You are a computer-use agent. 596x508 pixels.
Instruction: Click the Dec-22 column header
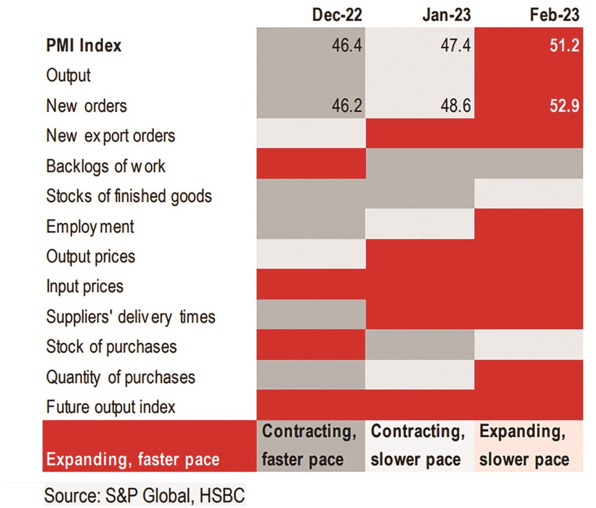337,15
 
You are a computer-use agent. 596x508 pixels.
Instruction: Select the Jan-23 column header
446,15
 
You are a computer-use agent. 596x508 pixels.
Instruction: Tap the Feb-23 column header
554,15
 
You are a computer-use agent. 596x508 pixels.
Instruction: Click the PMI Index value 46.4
347,45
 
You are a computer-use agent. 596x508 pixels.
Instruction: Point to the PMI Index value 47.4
456,45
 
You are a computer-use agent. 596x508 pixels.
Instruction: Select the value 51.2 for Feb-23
564,45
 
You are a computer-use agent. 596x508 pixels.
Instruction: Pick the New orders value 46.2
347,105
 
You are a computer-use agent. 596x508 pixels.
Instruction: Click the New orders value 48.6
456,105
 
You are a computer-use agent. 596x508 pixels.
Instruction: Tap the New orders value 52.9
564,105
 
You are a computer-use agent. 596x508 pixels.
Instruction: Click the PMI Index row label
84,45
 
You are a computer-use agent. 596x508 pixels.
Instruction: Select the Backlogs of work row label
106,166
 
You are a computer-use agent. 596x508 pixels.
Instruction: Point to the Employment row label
90,227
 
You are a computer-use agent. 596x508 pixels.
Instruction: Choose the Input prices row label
85,287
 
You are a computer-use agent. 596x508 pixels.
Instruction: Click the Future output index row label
110,407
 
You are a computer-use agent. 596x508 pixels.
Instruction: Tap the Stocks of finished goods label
129,196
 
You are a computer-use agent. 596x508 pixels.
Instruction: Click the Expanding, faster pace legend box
149,446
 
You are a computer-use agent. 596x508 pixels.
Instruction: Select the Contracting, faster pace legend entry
310,446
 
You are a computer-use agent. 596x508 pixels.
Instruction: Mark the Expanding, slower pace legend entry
528,446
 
